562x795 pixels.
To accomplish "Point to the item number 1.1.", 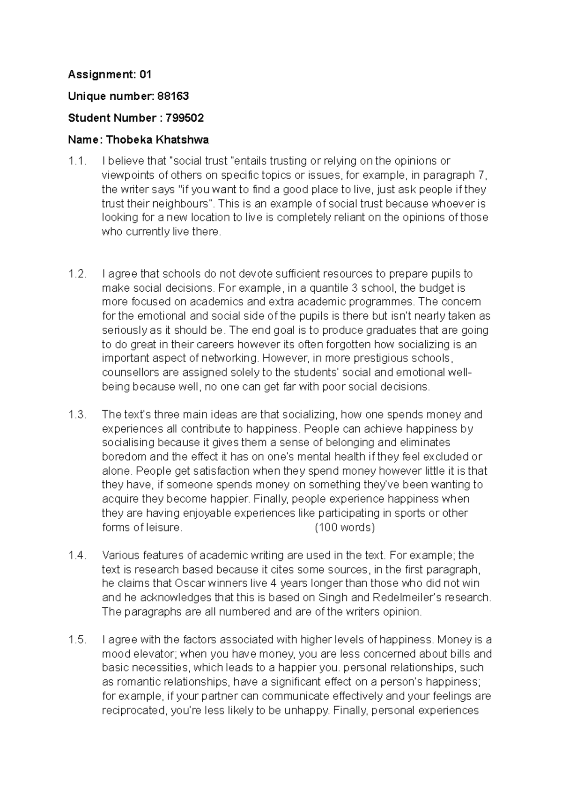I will pos(78,162).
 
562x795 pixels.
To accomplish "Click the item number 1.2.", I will pos(78,274).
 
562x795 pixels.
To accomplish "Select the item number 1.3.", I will pos(78,415).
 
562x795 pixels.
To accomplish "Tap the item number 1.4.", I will pos(78,556).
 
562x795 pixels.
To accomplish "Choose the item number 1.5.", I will pos(78,640).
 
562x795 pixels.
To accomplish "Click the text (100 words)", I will pos(345,528).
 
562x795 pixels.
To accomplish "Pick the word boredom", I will pos(123,457).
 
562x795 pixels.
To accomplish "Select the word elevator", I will pos(154,654).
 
